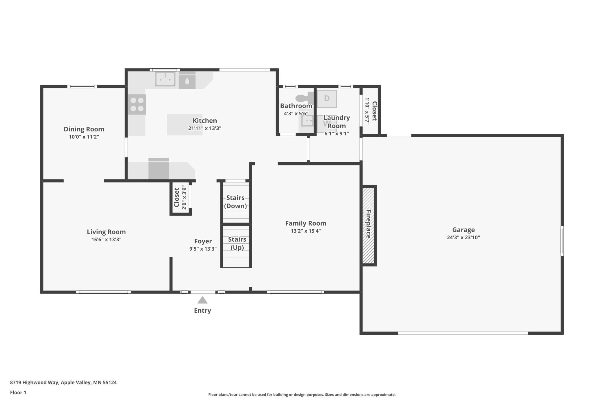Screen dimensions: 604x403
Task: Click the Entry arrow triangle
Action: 202,300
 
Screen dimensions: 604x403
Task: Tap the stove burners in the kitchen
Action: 137,105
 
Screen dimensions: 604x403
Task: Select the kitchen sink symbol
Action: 165,79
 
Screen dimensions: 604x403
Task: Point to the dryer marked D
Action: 327,99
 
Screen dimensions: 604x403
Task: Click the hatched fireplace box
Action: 368,226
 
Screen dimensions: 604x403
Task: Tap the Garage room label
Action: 463,230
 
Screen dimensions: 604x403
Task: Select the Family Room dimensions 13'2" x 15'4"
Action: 305,231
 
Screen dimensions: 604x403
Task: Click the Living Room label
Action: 106,232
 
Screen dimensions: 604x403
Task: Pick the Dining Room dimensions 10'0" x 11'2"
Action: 84,137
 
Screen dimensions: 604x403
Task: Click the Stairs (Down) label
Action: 236,202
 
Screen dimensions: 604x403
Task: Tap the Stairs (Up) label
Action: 237,243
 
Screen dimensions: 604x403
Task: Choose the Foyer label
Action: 203,241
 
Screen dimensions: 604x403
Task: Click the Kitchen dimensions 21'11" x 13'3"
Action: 205,128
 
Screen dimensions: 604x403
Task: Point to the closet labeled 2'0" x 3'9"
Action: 180,197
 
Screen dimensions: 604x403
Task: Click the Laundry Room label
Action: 337,122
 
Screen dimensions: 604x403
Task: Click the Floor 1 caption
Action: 18,393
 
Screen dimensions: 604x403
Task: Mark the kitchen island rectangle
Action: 185,125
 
